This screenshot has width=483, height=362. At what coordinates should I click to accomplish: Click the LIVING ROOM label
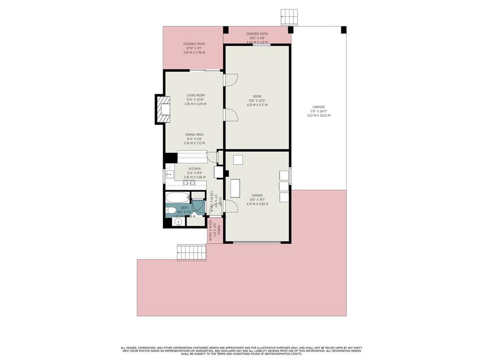click(195, 95)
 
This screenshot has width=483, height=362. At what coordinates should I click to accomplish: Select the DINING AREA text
click(194, 134)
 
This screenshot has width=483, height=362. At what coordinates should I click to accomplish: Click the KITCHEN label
click(194, 169)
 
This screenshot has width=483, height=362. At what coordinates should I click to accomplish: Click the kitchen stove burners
click(189, 183)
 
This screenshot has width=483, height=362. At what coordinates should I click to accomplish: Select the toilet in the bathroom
click(170, 210)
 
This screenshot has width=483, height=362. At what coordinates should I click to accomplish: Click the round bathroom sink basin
click(178, 222)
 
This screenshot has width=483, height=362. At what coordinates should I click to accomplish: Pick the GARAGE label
click(257, 195)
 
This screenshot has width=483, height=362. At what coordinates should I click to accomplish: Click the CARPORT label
click(319, 107)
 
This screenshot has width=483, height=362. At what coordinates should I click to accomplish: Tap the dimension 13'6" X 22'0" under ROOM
click(257, 100)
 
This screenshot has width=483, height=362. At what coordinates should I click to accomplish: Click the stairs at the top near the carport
click(289, 17)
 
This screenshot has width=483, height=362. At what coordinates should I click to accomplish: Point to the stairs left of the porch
click(192, 252)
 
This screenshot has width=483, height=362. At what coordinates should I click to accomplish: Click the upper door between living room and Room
click(230, 80)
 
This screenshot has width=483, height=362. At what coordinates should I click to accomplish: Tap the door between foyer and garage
click(230, 206)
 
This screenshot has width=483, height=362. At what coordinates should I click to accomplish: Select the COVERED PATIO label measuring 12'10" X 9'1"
click(194, 44)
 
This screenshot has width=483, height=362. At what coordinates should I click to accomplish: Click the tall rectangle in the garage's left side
click(235, 188)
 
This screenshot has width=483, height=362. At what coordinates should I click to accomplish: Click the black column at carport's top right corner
click(343, 30)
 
